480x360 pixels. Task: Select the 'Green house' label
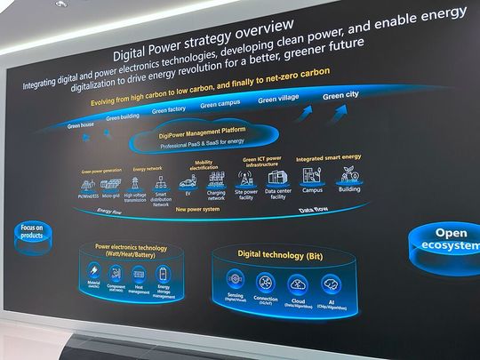pos(81,125)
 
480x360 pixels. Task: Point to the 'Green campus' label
pos(220,105)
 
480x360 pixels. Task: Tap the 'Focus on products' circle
pos(30,232)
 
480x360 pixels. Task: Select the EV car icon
pos(188,183)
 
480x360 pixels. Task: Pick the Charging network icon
pos(215,183)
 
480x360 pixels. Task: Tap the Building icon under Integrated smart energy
pos(349,173)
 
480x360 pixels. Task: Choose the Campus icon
pos(311,175)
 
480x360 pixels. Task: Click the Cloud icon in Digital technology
pos(299,284)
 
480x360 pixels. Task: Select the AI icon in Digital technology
pos(330,284)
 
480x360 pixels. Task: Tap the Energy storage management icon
pos(162,274)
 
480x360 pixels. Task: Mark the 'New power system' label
pos(196,210)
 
